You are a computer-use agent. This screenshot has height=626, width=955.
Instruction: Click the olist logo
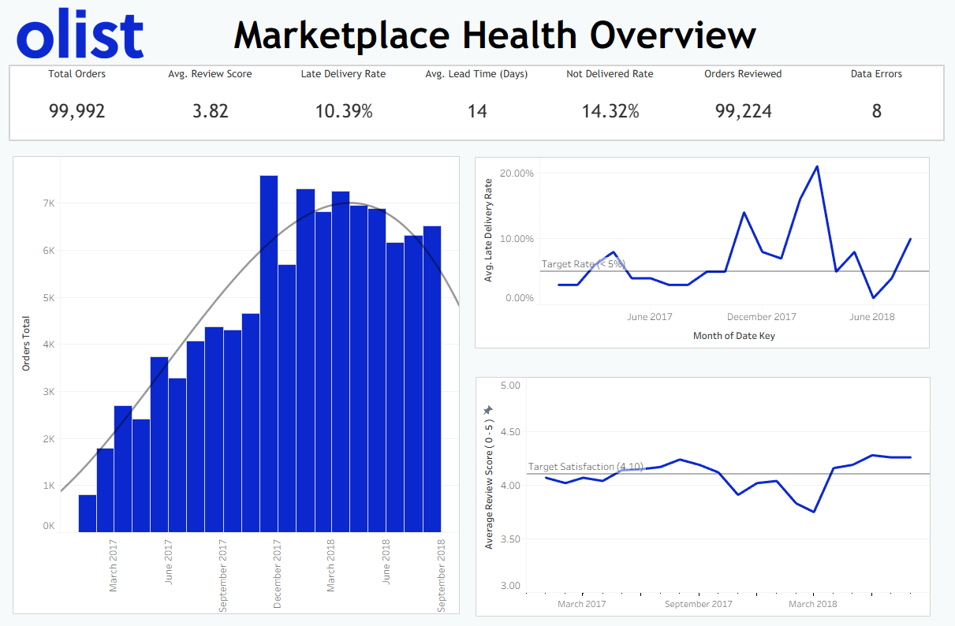tap(80, 35)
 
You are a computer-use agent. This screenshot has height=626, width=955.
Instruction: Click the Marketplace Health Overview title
tap(494, 35)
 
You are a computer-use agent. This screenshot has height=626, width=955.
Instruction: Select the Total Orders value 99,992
tap(77, 111)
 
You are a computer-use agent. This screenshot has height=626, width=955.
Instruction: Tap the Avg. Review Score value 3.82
tap(211, 111)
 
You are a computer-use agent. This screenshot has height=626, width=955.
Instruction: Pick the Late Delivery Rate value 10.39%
tap(344, 111)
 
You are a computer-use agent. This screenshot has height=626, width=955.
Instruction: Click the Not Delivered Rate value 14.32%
tap(610, 111)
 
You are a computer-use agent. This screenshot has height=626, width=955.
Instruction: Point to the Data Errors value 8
tap(876, 111)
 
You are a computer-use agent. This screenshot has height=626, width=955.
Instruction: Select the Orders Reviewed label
tap(743, 74)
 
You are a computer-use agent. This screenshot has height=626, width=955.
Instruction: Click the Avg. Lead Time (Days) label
tap(476, 74)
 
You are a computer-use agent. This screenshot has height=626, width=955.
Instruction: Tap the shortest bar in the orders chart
tap(88, 513)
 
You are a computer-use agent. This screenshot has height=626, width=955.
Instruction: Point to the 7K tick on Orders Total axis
tap(48, 203)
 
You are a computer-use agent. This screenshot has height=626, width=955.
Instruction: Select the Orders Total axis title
tap(26, 344)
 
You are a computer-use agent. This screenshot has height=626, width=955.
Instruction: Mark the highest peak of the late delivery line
tap(817, 166)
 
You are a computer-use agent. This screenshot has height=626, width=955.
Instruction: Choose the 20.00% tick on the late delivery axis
tap(517, 173)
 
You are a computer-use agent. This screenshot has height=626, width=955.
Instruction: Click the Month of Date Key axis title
tap(733, 336)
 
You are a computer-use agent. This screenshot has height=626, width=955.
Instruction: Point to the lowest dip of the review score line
tap(814, 512)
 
